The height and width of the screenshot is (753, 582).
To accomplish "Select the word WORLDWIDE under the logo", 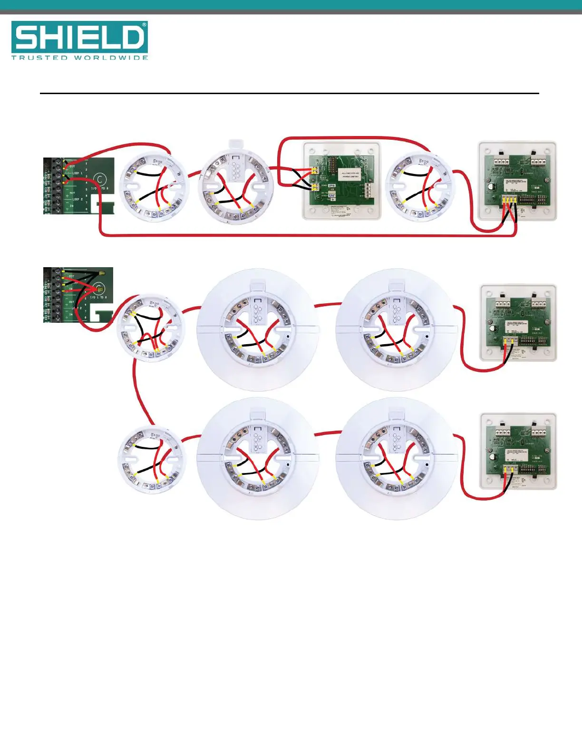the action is (111, 58).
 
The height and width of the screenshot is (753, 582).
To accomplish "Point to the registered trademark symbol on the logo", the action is (144, 24).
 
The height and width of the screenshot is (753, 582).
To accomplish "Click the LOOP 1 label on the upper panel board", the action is (77, 174).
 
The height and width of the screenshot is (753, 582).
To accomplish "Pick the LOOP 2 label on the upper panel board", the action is (77, 199).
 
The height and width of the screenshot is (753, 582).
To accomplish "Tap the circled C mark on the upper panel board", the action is (100, 180).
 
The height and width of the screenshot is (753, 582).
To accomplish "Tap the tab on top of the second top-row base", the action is (235, 144).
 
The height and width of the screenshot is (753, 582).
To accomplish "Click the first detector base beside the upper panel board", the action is (153, 186).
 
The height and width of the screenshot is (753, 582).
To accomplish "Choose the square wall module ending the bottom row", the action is (518, 451).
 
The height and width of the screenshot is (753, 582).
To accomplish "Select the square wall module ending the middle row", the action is (518, 323).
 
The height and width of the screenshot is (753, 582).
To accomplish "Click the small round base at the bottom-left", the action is (150, 460).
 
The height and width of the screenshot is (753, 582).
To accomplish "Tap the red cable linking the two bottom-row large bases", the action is (327, 433).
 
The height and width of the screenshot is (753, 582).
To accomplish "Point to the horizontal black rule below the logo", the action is (289, 94).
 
